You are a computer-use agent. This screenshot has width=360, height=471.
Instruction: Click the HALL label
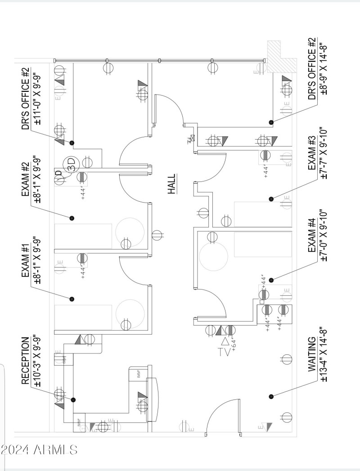171,184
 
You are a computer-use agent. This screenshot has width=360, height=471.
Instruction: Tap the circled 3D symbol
70,163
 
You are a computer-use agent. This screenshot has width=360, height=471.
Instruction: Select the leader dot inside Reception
73,399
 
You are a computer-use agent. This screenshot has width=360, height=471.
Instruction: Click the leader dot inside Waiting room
271,396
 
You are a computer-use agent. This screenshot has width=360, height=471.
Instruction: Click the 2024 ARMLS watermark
39,449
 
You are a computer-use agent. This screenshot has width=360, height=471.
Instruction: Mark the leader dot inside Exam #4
271,280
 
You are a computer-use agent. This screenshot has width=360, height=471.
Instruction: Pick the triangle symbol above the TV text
225,341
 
